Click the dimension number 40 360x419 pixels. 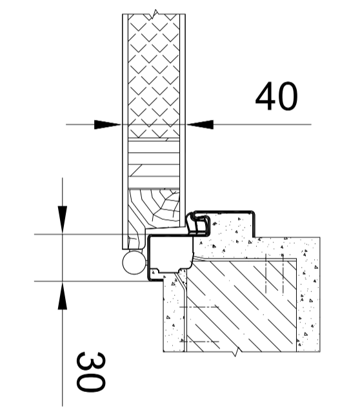click(276, 96)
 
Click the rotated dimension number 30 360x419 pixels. click(91, 372)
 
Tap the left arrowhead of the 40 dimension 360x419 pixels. click(108, 124)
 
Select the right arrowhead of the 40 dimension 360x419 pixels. click(200, 124)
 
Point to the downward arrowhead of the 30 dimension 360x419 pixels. click(63, 220)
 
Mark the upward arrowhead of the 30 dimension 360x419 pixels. click(63, 295)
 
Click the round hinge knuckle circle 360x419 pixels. click(134, 262)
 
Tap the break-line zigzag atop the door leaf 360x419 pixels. click(155, 14)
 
